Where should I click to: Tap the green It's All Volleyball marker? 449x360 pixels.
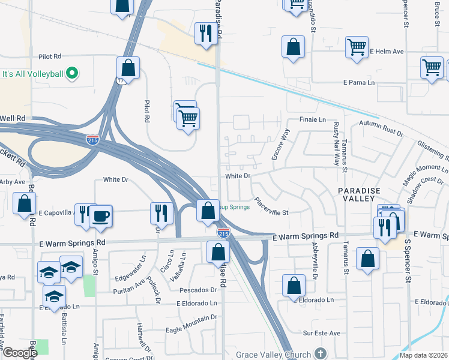coord(72,74)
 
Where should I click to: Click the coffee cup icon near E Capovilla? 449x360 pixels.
coord(101,215)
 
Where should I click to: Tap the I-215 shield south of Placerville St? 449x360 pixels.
coord(223,232)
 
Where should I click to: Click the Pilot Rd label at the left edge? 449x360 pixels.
coord(49,56)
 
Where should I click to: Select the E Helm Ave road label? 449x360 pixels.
coord(386,52)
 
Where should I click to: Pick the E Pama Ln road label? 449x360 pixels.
coord(358,82)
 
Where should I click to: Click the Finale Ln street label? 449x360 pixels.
coord(312,120)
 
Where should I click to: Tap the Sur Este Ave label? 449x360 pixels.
coord(321,333)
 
